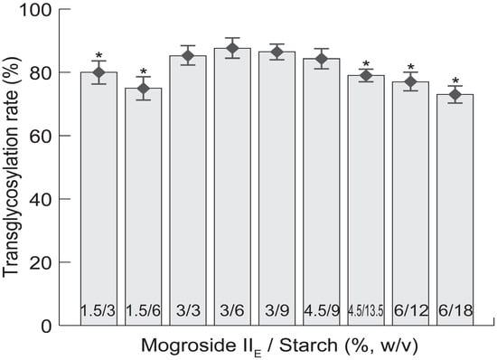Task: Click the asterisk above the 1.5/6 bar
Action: coord(143,72)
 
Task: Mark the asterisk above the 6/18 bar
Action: coord(455,79)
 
